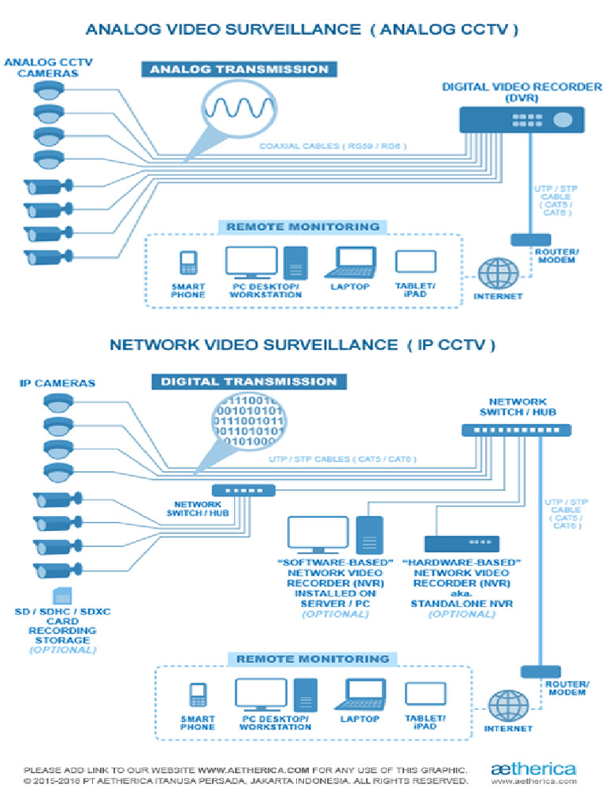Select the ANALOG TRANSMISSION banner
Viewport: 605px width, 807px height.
[x=239, y=69]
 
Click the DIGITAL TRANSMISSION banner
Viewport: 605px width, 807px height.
[x=248, y=381]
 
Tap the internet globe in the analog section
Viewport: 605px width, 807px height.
[x=498, y=273]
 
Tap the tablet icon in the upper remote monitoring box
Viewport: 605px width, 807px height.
[x=415, y=262]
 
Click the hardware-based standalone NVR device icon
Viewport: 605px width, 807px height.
[x=462, y=544]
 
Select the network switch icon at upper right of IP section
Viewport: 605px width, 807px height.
[x=516, y=430]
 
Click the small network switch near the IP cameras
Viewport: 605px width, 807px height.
[x=243, y=489]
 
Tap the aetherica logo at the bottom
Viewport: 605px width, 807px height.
[x=533, y=768]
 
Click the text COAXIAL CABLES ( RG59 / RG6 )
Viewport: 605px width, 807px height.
[x=332, y=146]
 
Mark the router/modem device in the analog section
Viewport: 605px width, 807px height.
[x=530, y=239]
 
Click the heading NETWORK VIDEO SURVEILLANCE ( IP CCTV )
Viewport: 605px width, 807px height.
[x=302, y=344]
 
